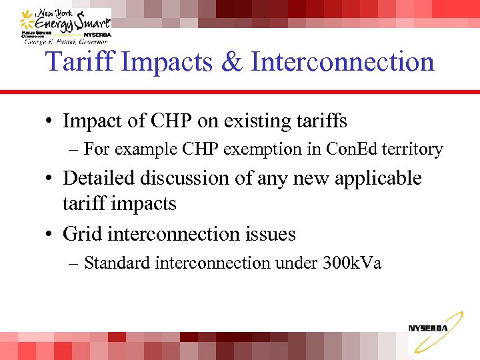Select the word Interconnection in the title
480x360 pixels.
343,62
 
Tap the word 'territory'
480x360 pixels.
409,149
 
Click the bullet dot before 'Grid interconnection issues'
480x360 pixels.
49,235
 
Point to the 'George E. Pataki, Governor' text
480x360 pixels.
67,41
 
